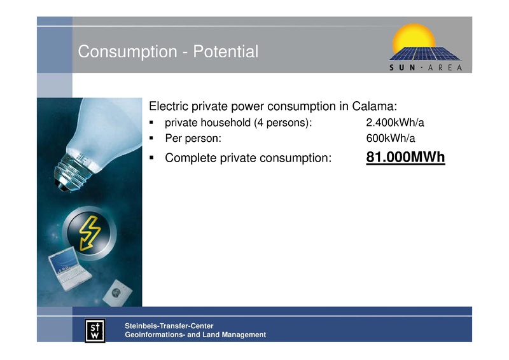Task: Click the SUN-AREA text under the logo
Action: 426,67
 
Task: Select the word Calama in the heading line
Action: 373,105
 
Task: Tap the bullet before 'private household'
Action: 152,123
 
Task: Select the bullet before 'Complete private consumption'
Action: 152,158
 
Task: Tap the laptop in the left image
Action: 69,270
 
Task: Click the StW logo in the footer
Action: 96,330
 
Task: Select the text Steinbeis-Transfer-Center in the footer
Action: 169,326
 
